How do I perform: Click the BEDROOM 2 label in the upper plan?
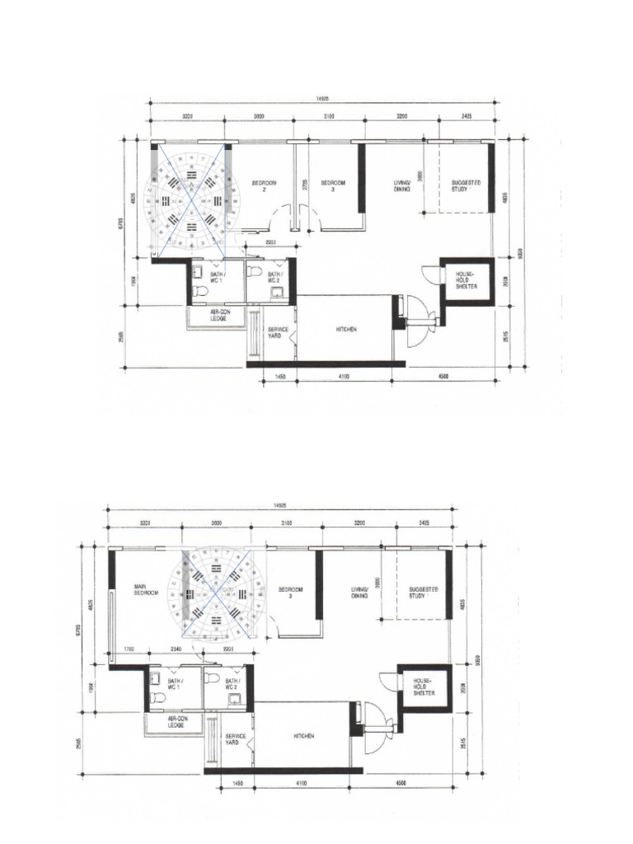264,185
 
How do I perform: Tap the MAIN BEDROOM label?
145,591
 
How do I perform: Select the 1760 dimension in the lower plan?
128,649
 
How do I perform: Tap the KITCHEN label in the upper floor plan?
345,329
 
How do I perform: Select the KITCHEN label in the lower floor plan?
304,736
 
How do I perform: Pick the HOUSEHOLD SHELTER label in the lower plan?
422,687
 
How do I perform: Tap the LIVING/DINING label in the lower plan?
359,593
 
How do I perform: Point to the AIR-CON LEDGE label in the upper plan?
218,316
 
